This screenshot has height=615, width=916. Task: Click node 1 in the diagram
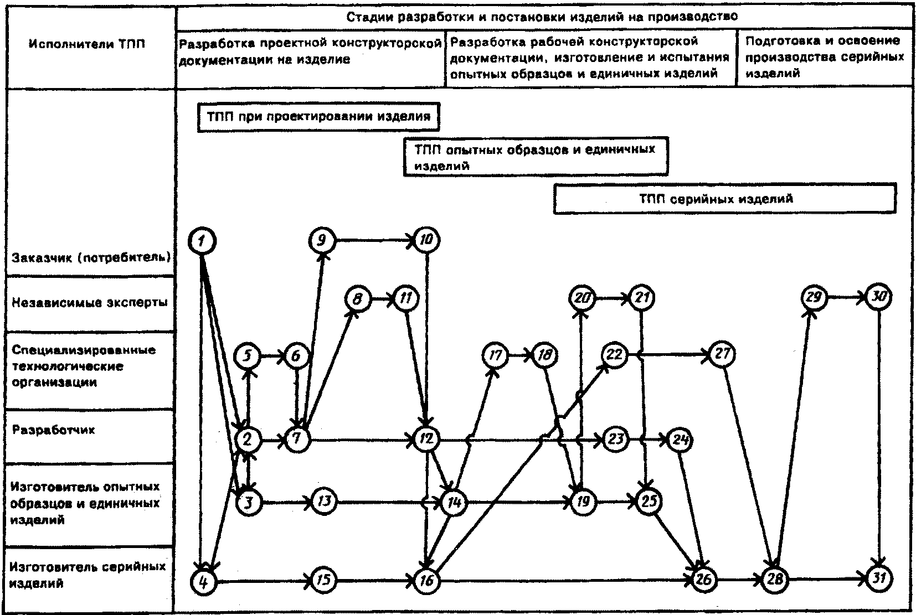(x=202, y=241)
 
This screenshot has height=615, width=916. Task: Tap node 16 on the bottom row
(x=427, y=581)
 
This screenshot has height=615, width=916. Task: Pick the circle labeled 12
(x=427, y=440)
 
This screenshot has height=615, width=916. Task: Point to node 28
(x=775, y=580)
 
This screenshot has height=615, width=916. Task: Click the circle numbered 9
(x=322, y=241)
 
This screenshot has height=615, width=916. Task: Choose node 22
(x=614, y=354)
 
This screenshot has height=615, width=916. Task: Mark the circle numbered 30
(x=879, y=297)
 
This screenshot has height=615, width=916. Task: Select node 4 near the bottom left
(x=203, y=582)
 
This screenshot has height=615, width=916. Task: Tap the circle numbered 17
(x=495, y=355)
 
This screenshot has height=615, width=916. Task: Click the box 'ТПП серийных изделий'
(x=724, y=199)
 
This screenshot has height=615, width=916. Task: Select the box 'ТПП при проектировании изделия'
(x=318, y=117)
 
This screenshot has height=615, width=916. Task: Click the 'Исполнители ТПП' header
(x=87, y=44)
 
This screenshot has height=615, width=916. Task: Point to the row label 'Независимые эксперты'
(x=90, y=303)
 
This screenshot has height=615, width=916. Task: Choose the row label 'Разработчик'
(x=53, y=430)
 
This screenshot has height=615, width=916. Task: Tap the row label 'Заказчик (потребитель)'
(x=91, y=257)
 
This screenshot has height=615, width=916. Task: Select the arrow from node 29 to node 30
(x=846, y=297)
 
